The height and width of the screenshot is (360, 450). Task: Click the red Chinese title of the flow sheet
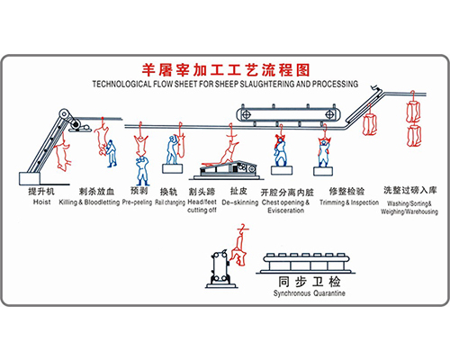(x=226, y=70)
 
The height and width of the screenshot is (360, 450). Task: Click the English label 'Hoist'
(x=41, y=202)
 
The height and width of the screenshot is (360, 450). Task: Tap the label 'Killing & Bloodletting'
(x=89, y=202)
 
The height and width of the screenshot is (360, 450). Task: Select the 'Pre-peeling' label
(x=137, y=202)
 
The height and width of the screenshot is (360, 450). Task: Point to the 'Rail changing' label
(x=170, y=202)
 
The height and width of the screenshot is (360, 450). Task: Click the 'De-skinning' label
(x=240, y=202)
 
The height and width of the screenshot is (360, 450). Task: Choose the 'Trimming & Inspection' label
(x=349, y=202)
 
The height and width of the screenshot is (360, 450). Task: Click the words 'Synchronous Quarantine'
(x=309, y=293)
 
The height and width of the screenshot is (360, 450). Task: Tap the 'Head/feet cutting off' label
(x=202, y=206)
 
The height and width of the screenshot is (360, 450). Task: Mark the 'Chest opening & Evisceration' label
(x=285, y=206)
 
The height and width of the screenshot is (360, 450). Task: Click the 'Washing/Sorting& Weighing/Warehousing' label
(x=409, y=208)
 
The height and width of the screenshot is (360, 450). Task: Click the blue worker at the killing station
(x=112, y=153)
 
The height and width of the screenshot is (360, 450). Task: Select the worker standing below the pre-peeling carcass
(x=142, y=170)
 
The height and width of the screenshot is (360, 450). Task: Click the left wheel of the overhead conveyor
(x=246, y=114)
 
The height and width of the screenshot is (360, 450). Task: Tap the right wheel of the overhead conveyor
(x=329, y=114)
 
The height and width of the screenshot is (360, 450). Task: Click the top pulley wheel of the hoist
(x=64, y=114)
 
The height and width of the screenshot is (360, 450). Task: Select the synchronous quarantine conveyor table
(x=306, y=264)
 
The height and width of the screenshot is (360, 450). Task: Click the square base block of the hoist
(x=30, y=178)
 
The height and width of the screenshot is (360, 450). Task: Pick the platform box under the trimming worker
(x=323, y=171)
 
